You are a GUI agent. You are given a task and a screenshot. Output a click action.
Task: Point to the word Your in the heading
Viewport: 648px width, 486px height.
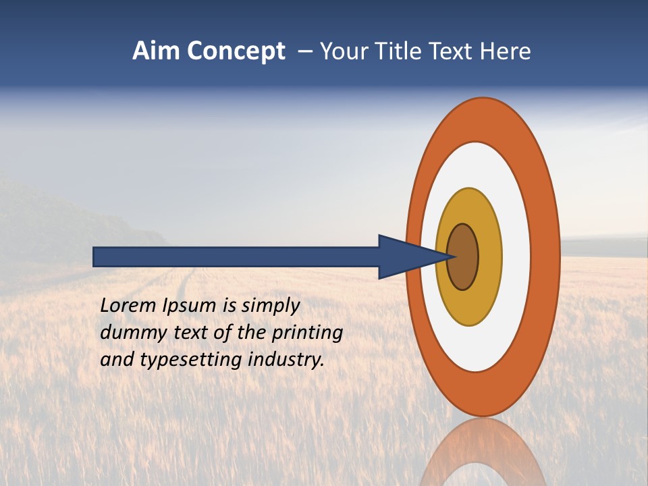point(344,51)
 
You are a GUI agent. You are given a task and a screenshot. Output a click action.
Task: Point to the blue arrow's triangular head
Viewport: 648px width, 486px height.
point(405,256)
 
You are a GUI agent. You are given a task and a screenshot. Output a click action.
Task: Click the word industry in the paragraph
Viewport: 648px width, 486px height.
point(286,360)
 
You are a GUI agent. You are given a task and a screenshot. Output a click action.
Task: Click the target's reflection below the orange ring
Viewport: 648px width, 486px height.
point(483,452)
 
